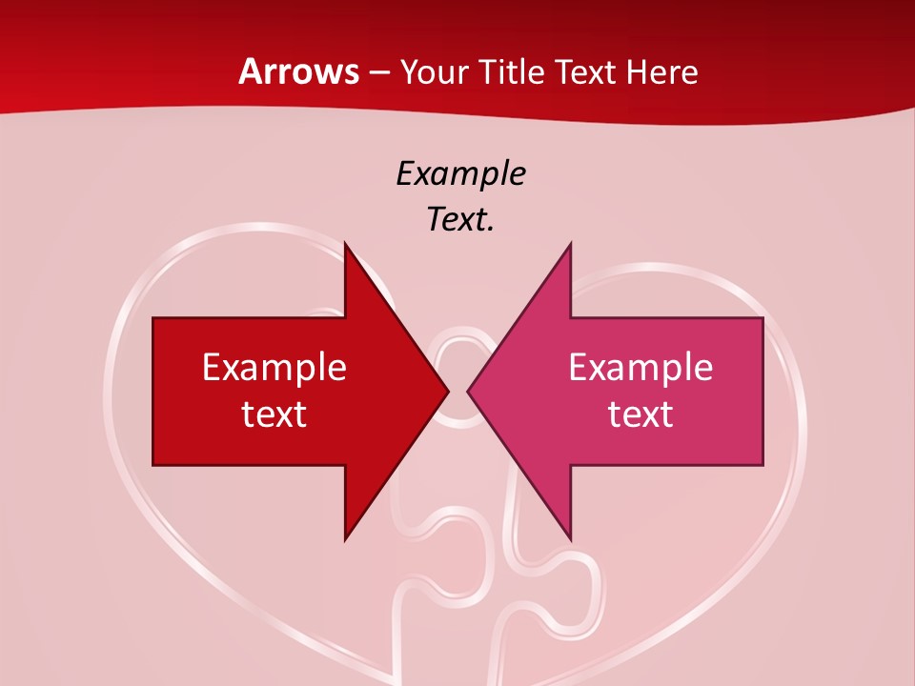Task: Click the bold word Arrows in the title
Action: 298,71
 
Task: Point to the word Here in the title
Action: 662,72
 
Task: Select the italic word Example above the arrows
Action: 460,173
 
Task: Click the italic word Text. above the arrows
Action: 460,219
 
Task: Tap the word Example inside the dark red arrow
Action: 274,367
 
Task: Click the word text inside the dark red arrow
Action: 274,414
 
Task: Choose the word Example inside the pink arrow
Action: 640,367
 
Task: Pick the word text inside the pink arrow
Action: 640,414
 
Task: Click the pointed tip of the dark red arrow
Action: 447,391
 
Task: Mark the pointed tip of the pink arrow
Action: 468,391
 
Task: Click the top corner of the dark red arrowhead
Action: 345,244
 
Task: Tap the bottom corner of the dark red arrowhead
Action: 345,539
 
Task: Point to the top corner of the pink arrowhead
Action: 570,244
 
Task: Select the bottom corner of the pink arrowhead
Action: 570,539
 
